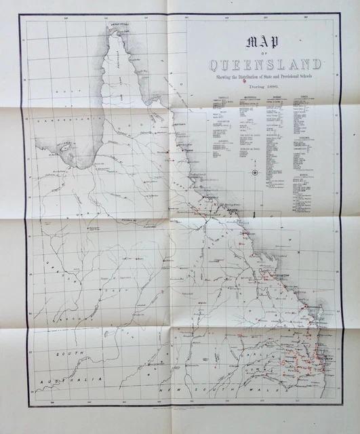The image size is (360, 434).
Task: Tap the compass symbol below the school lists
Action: click(x=254, y=173)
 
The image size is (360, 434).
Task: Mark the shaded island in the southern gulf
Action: click(x=66, y=147)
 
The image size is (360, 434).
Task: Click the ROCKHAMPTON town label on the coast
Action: click(x=272, y=275)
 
